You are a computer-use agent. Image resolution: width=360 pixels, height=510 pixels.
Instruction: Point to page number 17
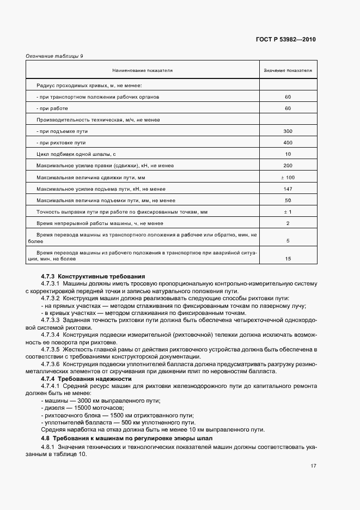(x=314, y=466)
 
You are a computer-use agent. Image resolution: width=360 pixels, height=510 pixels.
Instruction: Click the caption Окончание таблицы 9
(x=54, y=56)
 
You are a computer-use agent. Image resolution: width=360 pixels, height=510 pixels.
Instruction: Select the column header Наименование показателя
(x=143, y=71)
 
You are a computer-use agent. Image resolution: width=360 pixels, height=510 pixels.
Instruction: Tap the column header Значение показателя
(x=288, y=71)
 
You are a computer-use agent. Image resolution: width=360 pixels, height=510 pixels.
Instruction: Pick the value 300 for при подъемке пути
(x=288, y=131)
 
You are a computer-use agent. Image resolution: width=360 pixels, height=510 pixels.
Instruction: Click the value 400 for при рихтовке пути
(x=288, y=143)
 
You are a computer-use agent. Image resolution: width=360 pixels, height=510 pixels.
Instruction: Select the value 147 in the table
(x=288, y=189)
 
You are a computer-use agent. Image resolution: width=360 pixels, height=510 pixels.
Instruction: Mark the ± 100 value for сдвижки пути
(x=288, y=177)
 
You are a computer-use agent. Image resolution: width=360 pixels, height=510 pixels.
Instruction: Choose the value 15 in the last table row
(x=288, y=258)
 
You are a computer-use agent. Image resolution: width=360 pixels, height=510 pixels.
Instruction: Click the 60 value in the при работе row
(x=288, y=108)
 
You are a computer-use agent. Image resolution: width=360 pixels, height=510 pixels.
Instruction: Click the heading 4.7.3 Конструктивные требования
(x=93, y=277)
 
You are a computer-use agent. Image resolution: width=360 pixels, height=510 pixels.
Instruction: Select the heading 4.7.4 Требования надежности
(x=87, y=378)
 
